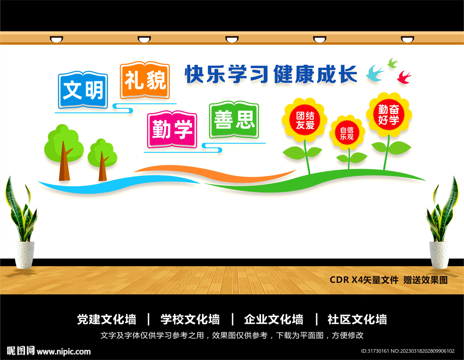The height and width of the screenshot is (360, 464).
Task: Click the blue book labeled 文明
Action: click(83, 90)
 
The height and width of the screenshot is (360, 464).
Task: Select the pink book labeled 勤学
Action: click(172, 129)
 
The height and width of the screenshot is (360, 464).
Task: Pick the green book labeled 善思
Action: click(234, 120)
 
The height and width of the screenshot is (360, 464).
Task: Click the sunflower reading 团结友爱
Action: click(305, 120)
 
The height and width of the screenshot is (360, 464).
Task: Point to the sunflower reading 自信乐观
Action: click(347, 133)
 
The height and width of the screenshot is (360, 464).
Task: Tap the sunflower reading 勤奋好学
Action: click(388, 115)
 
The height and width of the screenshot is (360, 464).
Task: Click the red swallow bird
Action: click(404, 77)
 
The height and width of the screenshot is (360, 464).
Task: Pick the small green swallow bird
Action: click(393, 62)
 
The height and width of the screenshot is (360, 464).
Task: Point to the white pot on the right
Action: click(439, 255)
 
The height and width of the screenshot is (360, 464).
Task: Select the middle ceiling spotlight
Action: click(232, 39)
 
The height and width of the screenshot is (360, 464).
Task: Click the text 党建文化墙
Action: click(106, 320)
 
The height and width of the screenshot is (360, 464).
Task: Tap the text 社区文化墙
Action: click(357, 320)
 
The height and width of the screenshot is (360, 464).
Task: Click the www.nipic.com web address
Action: click(63, 352)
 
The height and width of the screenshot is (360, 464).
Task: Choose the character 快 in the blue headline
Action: click(194, 74)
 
